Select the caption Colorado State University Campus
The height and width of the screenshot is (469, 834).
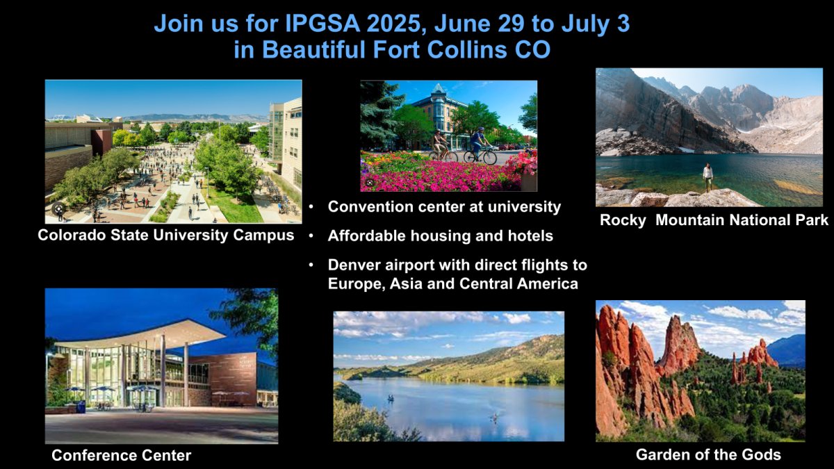pos(166,235)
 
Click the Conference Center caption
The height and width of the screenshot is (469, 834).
pos(121,456)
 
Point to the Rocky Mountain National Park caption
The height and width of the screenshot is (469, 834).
pos(714,220)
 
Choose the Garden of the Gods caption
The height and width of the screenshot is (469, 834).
pos(708,455)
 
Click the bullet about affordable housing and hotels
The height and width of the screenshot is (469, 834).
pos(440,236)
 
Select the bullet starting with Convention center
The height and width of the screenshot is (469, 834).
pos(444,207)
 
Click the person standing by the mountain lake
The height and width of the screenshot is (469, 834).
pos(708,177)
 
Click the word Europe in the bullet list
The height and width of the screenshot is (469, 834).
pos(354,283)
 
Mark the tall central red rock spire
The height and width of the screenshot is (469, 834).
pos(678,344)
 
